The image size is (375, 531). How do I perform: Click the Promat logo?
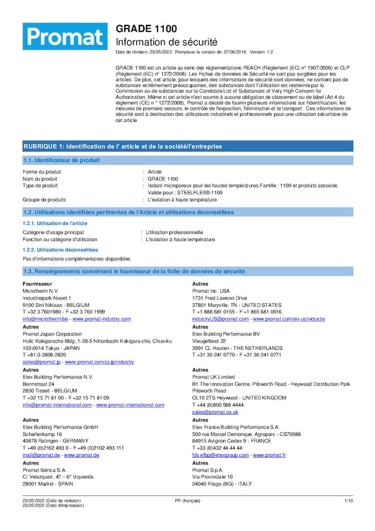65,36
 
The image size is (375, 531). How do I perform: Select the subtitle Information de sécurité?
167,42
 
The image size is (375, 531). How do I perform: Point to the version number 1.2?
269,52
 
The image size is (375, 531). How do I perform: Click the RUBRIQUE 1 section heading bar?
188,146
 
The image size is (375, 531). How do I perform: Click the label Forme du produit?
42,172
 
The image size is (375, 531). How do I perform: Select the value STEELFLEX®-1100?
200,193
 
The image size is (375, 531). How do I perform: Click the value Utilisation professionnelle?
174,233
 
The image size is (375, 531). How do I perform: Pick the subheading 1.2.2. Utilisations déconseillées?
60,250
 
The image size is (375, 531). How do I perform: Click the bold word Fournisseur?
37,284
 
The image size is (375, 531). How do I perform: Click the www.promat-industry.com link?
101,319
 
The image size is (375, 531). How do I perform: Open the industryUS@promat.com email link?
220,319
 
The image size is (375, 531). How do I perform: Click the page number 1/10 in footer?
348,501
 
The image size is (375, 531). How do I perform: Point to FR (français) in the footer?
188,501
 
